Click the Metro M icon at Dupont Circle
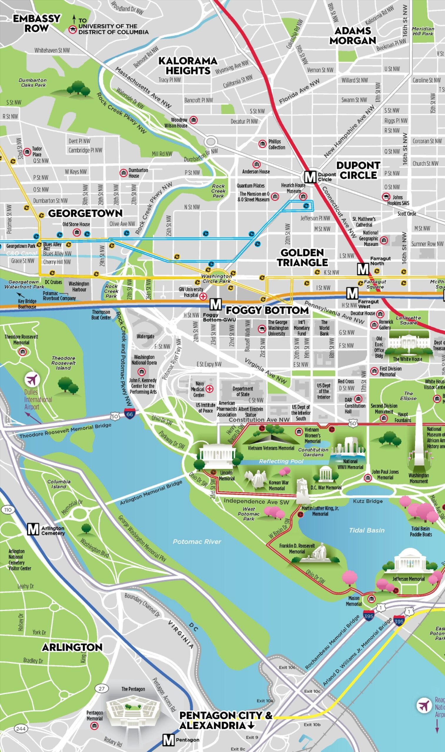coord(310,177)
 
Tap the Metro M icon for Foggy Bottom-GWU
coord(215,304)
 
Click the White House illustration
coord(407,344)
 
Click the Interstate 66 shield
coord(129,414)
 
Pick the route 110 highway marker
coord(8,510)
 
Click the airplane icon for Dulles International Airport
coord(32,380)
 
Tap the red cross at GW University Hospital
coord(203,296)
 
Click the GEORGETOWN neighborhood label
coord(86,213)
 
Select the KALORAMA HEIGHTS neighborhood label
coord(188,66)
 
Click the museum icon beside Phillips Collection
coord(262,144)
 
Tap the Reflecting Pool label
coord(281,461)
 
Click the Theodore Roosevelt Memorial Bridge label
coord(65,431)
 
